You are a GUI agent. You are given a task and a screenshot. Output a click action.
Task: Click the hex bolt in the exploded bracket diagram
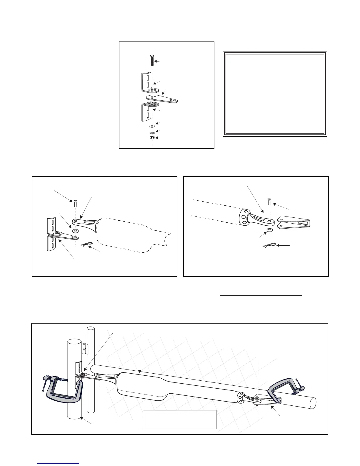[152, 60]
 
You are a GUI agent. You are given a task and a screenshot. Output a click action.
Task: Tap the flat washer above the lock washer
[152, 126]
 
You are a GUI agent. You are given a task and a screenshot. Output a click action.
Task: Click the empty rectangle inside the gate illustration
[179, 420]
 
